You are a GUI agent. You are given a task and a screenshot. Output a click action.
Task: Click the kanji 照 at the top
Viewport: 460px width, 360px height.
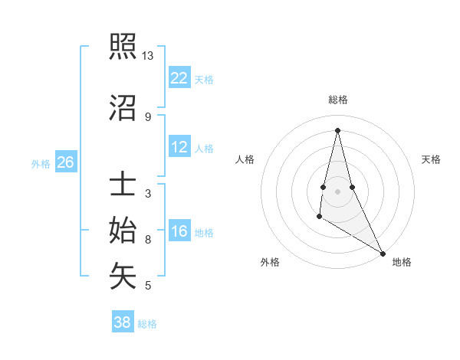point(123,48)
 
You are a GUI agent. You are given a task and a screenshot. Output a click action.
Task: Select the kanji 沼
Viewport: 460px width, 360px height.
point(123,108)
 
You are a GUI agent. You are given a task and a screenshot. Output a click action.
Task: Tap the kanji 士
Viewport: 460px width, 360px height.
point(123,185)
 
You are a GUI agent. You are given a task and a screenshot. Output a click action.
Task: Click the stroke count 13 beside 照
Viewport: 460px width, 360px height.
point(148,56)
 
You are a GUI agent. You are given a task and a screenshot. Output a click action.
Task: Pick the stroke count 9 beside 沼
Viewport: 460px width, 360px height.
point(148,116)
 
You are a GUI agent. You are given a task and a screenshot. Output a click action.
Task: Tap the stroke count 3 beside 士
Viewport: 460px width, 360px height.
point(148,193)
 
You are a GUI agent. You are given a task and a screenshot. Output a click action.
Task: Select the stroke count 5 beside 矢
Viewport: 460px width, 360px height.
point(148,286)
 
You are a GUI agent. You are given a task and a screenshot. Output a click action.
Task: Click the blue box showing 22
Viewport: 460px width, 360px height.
point(179,77)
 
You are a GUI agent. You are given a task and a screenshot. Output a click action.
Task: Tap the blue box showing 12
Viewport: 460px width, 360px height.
point(179,147)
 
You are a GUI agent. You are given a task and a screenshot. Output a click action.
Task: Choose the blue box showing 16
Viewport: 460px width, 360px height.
point(179,232)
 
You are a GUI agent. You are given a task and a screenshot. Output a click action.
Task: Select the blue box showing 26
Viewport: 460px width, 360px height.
point(66,162)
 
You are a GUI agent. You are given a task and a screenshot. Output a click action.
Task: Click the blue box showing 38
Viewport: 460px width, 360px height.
point(123,322)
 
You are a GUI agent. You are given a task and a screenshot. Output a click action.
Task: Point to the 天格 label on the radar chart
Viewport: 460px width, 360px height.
point(431,159)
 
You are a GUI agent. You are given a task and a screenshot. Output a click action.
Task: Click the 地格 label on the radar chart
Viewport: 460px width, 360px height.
point(402,262)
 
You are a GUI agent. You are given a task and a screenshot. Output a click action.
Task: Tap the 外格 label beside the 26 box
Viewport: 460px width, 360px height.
point(41,163)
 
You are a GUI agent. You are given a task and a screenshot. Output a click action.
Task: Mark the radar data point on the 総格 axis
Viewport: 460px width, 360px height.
point(337,130)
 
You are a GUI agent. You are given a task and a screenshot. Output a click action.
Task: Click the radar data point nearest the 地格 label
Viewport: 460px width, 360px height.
point(383,253)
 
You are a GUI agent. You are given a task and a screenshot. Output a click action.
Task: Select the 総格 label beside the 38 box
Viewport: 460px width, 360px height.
point(147,324)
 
